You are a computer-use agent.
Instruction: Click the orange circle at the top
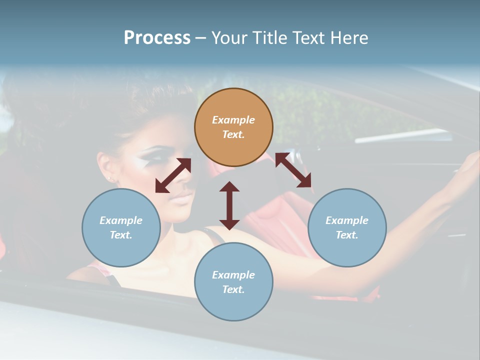click(233, 127)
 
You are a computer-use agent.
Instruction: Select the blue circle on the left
click(121, 227)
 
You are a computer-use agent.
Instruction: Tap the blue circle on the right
click(347, 227)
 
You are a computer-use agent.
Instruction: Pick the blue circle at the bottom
click(233, 282)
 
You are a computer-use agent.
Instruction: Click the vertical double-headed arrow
click(229, 205)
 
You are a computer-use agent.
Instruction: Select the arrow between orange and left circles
click(173, 175)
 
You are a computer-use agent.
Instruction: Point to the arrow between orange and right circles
click(293, 170)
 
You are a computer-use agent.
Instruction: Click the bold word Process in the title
click(157, 37)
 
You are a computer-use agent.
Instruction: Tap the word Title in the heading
click(270, 37)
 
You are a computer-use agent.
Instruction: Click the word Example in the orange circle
click(233, 120)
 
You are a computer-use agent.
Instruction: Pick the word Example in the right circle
click(347, 220)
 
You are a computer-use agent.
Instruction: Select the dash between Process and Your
click(200, 38)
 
